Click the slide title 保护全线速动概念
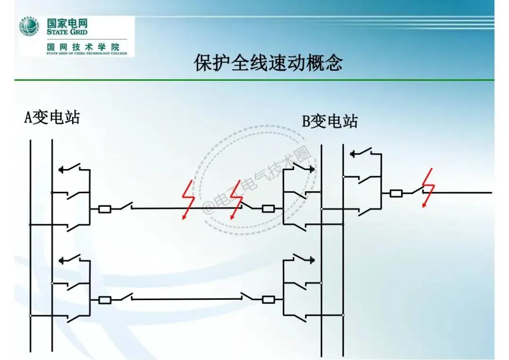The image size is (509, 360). (268, 63)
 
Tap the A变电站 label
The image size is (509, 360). (52, 117)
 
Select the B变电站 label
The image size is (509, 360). (329, 122)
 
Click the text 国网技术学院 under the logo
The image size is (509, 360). (83, 47)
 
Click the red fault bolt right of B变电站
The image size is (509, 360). (428, 188)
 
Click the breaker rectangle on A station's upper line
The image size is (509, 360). (105, 209)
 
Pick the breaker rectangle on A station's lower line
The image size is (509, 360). (105, 300)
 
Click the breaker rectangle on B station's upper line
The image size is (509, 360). (268, 208)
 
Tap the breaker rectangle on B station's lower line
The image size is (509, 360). (268, 299)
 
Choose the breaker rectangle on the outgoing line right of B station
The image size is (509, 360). (395, 193)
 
